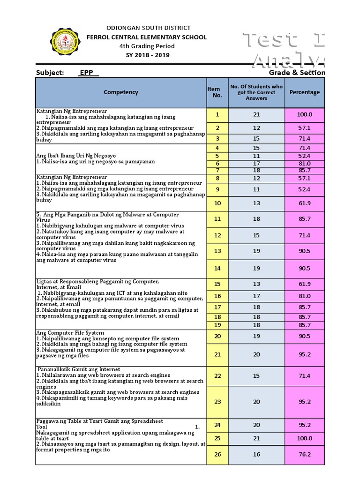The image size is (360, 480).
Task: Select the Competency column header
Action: pyautogui.click(x=121, y=92)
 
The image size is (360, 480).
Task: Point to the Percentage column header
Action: pyautogui.click(x=304, y=92)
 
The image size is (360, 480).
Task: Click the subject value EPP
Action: pyautogui.click(x=86, y=73)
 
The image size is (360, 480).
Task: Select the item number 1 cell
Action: pyautogui.click(x=217, y=114)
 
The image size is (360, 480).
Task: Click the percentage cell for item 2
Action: pyautogui.click(x=304, y=128)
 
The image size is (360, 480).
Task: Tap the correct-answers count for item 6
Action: pyautogui.click(x=256, y=164)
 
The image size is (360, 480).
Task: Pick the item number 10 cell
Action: pyautogui.click(x=217, y=203)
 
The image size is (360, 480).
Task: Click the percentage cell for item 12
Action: pyautogui.click(x=304, y=235)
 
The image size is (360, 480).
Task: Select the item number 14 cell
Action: pyautogui.click(x=217, y=269)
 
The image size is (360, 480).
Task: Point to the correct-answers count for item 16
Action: pyautogui.click(x=256, y=296)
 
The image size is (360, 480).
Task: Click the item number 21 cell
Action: pyautogui.click(x=217, y=355)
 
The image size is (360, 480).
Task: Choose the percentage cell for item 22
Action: pyautogui.click(x=304, y=376)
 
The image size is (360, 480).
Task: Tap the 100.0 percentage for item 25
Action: pyautogui.click(x=304, y=438)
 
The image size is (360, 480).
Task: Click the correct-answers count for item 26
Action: pyautogui.click(x=256, y=455)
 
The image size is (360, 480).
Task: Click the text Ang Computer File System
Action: pyautogui.click(x=70, y=333)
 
